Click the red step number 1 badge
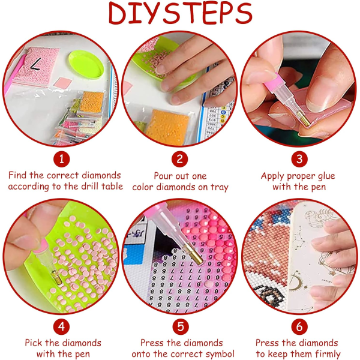coord(62,159)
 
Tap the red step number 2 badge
coord(180,159)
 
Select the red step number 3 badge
coord(299,159)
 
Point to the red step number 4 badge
coord(62,326)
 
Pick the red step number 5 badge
coord(181,326)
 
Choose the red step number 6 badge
coord(299,326)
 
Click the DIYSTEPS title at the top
coord(181,13)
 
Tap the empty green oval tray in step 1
coord(86,65)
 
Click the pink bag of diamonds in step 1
coord(35,66)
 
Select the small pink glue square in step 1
coord(63,83)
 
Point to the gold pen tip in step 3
coord(304,118)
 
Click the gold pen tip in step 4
coord(57,277)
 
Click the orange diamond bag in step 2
coord(167,127)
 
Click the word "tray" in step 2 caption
coord(219,188)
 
